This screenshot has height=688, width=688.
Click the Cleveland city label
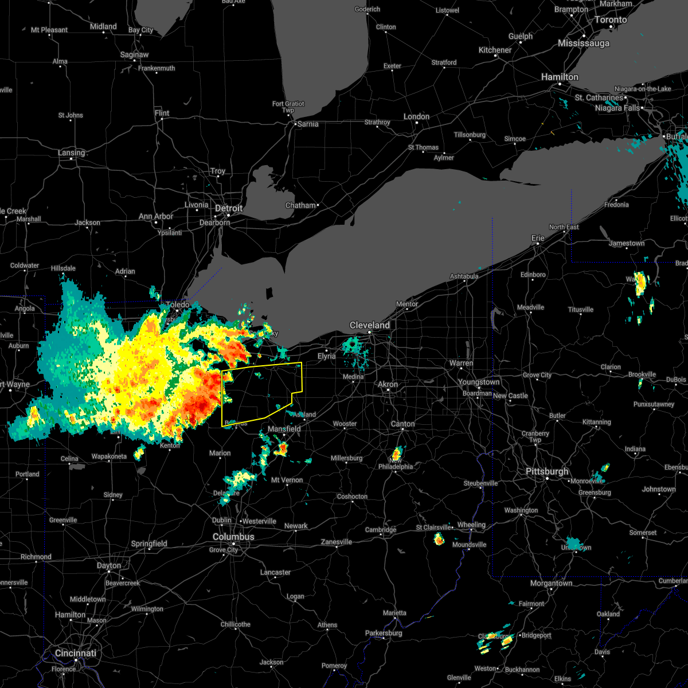click(x=370, y=325)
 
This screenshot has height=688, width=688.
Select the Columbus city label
click(x=233, y=537)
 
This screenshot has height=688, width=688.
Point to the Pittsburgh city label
click(x=547, y=471)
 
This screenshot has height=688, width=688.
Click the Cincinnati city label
click(x=76, y=653)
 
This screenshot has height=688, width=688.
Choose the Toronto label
click(x=610, y=19)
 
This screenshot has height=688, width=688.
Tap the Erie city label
click(x=538, y=238)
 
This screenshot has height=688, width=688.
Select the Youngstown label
click(x=478, y=382)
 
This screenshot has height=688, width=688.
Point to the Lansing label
click(x=71, y=153)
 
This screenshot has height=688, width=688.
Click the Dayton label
click(x=108, y=565)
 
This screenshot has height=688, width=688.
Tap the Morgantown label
click(x=551, y=583)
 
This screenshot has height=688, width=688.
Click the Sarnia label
click(x=307, y=123)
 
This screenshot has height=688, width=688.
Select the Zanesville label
click(x=336, y=542)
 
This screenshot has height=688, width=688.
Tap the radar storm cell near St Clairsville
click(x=439, y=539)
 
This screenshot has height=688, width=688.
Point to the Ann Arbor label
click(x=155, y=216)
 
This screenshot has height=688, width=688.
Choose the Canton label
click(x=402, y=424)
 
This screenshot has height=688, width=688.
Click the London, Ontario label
click(x=416, y=116)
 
